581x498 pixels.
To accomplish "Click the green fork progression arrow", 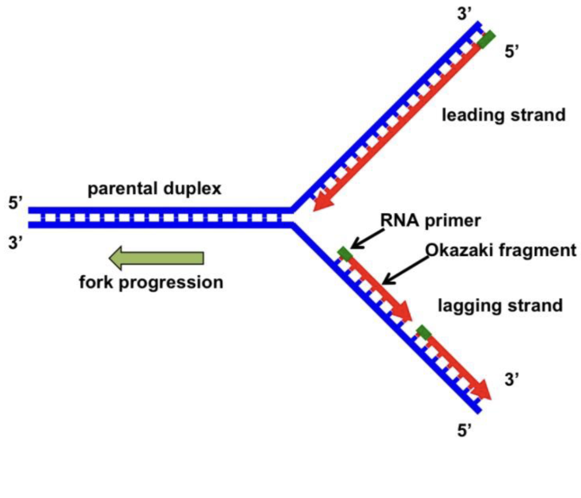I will click(156, 258).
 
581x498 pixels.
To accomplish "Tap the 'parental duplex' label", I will click(155, 188).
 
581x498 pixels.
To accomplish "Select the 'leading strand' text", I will click(503, 115).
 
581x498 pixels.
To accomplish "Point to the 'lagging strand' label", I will click(500, 306).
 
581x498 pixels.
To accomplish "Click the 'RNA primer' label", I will click(430, 220).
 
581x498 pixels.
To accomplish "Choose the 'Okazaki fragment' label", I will click(501, 250).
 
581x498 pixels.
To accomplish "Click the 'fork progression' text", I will click(151, 282).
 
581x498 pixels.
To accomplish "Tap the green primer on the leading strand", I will click(486, 39).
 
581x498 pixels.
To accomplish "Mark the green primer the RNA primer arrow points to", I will click(345, 254).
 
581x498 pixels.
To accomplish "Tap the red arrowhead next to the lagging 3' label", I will click(482, 390).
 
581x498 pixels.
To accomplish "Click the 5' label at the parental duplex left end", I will click(16, 203).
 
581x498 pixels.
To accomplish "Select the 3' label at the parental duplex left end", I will click(16, 243).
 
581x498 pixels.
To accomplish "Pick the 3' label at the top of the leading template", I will click(464, 14).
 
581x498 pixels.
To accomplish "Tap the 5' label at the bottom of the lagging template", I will click(464, 431).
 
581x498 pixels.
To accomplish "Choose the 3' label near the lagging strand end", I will click(512, 379).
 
